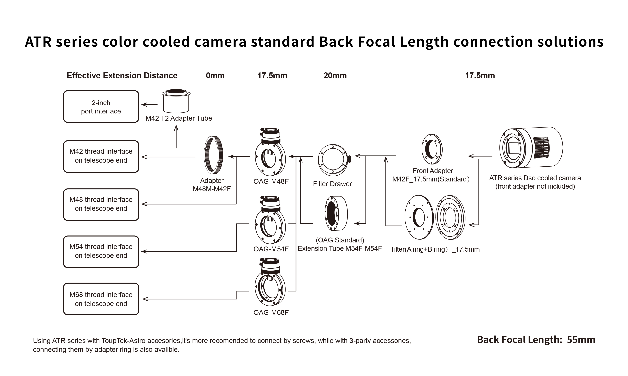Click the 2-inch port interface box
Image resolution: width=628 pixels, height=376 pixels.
point(101,107)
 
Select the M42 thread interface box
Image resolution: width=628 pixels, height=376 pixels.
point(101,156)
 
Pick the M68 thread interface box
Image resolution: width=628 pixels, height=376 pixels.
point(101,299)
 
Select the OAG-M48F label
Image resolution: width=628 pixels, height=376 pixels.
point(271,181)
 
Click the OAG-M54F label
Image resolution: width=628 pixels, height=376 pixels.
point(271,249)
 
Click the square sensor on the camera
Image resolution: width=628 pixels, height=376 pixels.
point(513,148)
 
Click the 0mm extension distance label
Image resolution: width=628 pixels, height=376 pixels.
point(215,76)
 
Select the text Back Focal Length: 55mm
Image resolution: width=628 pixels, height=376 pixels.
point(536,340)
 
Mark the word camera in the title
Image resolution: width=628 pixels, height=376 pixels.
point(220,42)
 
